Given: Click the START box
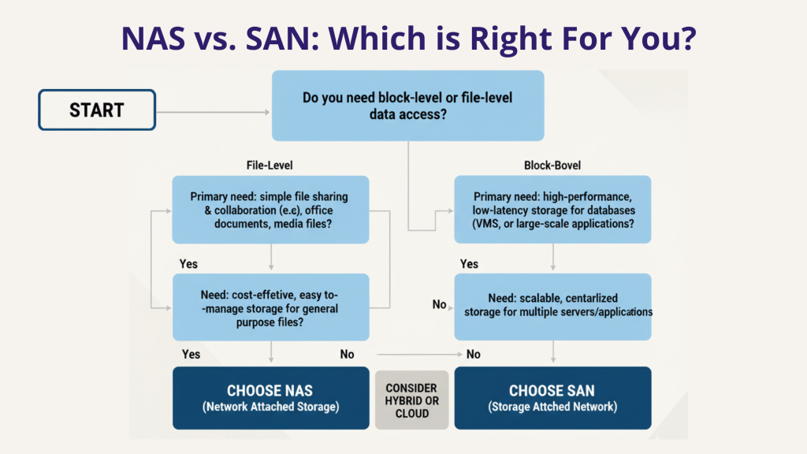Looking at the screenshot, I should pos(96,110).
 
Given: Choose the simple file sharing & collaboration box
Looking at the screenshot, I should pos(270,210).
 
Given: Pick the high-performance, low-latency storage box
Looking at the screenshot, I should pos(552,210).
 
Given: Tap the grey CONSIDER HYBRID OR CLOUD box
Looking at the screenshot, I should pos(411,400).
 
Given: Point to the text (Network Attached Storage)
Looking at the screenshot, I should pos(270,407).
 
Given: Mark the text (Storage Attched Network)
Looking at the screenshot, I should pos(552,407).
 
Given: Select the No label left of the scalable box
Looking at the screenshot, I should pos(439,304).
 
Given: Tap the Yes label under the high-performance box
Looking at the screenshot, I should pos(469,263).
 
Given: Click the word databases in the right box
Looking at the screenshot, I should pos(612,210).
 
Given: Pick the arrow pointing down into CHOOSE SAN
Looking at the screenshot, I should pos(552,351).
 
